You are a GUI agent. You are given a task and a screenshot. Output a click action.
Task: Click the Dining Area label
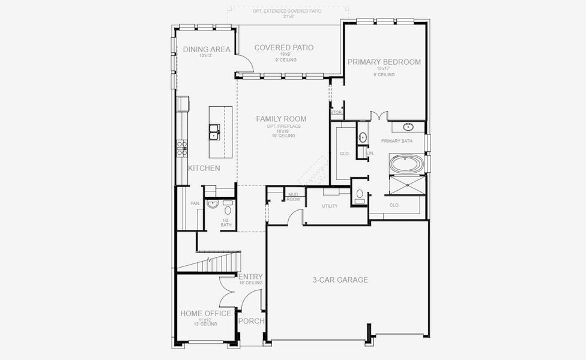(x=207, y=49)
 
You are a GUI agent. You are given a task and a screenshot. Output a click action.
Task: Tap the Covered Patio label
(x=283, y=47)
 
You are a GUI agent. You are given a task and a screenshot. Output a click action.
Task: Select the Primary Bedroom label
(x=384, y=62)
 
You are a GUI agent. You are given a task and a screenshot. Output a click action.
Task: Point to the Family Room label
(x=281, y=119)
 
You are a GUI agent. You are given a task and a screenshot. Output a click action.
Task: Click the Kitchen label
(x=204, y=169)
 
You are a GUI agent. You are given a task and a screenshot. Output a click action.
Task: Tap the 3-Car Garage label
(x=340, y=280)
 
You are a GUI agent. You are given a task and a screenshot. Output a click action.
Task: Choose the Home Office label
(x=205, y=314)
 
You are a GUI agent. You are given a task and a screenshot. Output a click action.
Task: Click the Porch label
(x=251, y=321)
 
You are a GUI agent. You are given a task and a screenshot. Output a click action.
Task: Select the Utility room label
(x=330, y=206)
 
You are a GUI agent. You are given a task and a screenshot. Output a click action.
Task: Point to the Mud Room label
(x=293, y=196)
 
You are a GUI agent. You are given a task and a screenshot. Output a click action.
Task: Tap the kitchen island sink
(x=214, y=131)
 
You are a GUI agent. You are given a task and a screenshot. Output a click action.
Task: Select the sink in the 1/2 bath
(x=211, y=205)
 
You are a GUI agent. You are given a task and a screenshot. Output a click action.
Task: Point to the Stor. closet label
(x=336, y=112)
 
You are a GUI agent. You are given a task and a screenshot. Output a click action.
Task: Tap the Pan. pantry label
(x=195, y=204)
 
